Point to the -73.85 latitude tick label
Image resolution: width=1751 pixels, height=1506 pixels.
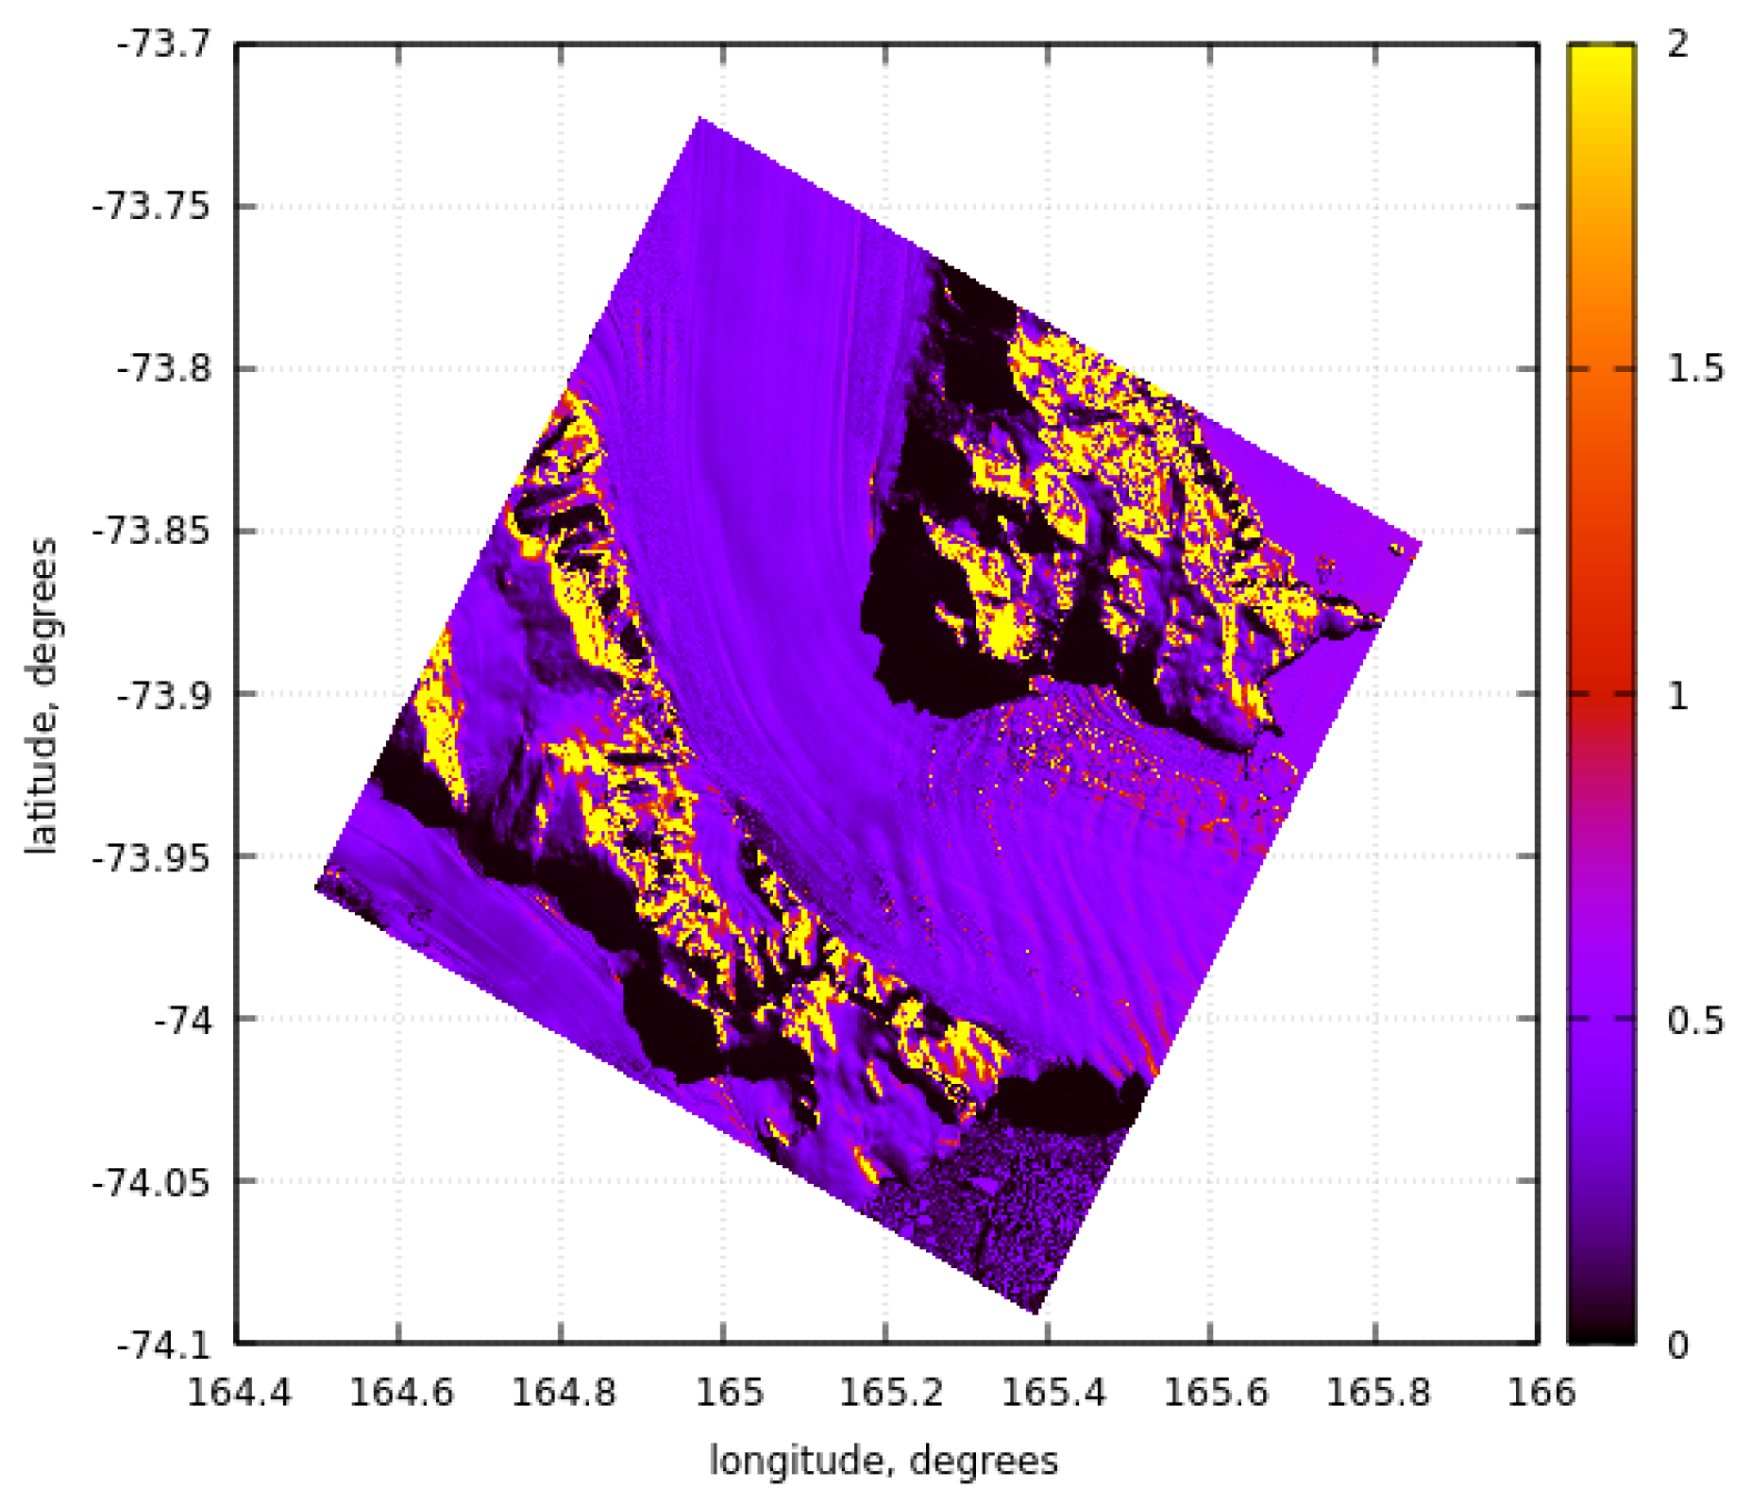150,531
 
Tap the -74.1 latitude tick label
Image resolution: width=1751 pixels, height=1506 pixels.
162,1345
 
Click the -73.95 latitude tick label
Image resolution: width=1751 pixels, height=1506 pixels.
150,856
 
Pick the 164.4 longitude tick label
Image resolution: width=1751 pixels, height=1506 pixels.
239,1394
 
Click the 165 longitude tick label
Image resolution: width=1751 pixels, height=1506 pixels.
725,1394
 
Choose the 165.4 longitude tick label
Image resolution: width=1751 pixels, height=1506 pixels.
1051,1394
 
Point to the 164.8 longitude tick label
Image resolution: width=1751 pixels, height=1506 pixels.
564,1394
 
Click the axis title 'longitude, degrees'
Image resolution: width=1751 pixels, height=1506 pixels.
884,1461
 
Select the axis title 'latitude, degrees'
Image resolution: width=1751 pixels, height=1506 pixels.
42,696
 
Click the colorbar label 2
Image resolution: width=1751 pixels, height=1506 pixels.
1677,44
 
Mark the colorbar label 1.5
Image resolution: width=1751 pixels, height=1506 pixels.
1694,369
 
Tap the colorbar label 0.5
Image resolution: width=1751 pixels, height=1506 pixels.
1694,1021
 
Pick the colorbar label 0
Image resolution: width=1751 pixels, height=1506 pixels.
1677,1345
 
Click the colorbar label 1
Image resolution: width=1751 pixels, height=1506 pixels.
1677,696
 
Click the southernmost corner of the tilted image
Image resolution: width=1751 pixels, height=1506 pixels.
1035,1312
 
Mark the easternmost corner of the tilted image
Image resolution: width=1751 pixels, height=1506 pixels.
1422,543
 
